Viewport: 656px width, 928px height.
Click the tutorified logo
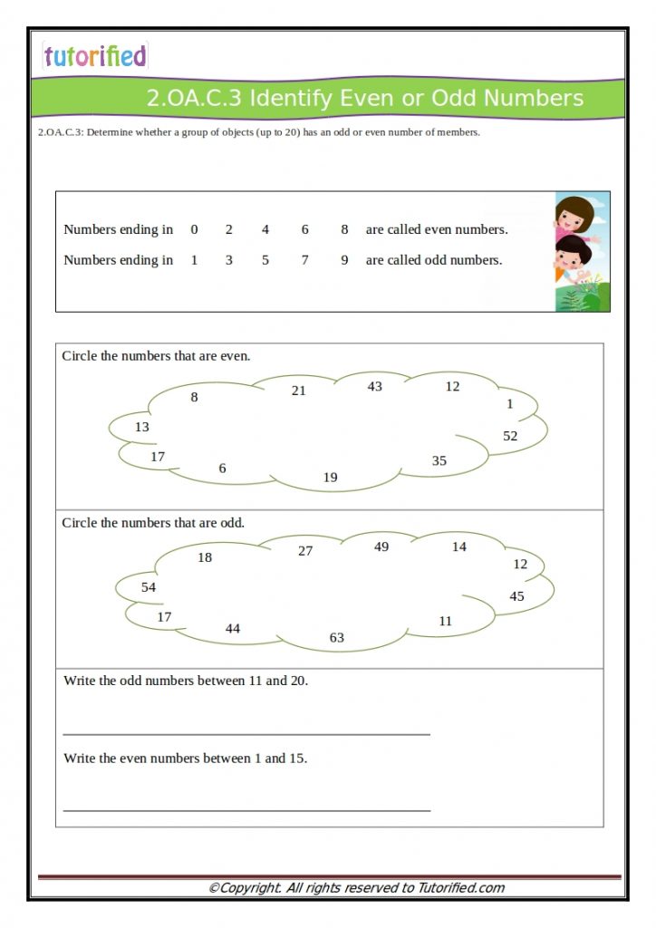tap(94, 56)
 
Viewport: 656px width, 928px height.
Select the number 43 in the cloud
tap(374, 387)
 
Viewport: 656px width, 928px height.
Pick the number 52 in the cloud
tap(510, 436)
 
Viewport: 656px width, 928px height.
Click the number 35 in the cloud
tap(439, 461)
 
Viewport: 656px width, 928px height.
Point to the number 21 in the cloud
tap(299, 391)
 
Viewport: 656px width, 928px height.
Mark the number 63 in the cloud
tap(337, 638)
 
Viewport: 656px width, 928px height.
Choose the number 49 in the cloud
tap(381, 547)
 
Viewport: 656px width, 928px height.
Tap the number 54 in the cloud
tap(149, 588)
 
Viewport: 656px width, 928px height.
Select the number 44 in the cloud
tap(233, 629)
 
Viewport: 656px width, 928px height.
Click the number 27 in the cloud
tap(305, 551)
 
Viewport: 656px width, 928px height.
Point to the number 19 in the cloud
tap(331, 478)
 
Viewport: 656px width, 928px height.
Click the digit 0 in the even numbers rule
tap(194, 230)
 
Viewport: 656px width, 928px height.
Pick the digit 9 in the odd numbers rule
tap(344, 261)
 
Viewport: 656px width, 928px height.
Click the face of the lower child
tap(571, 253)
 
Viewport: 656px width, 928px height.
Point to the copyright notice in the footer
tap(356, 888)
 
